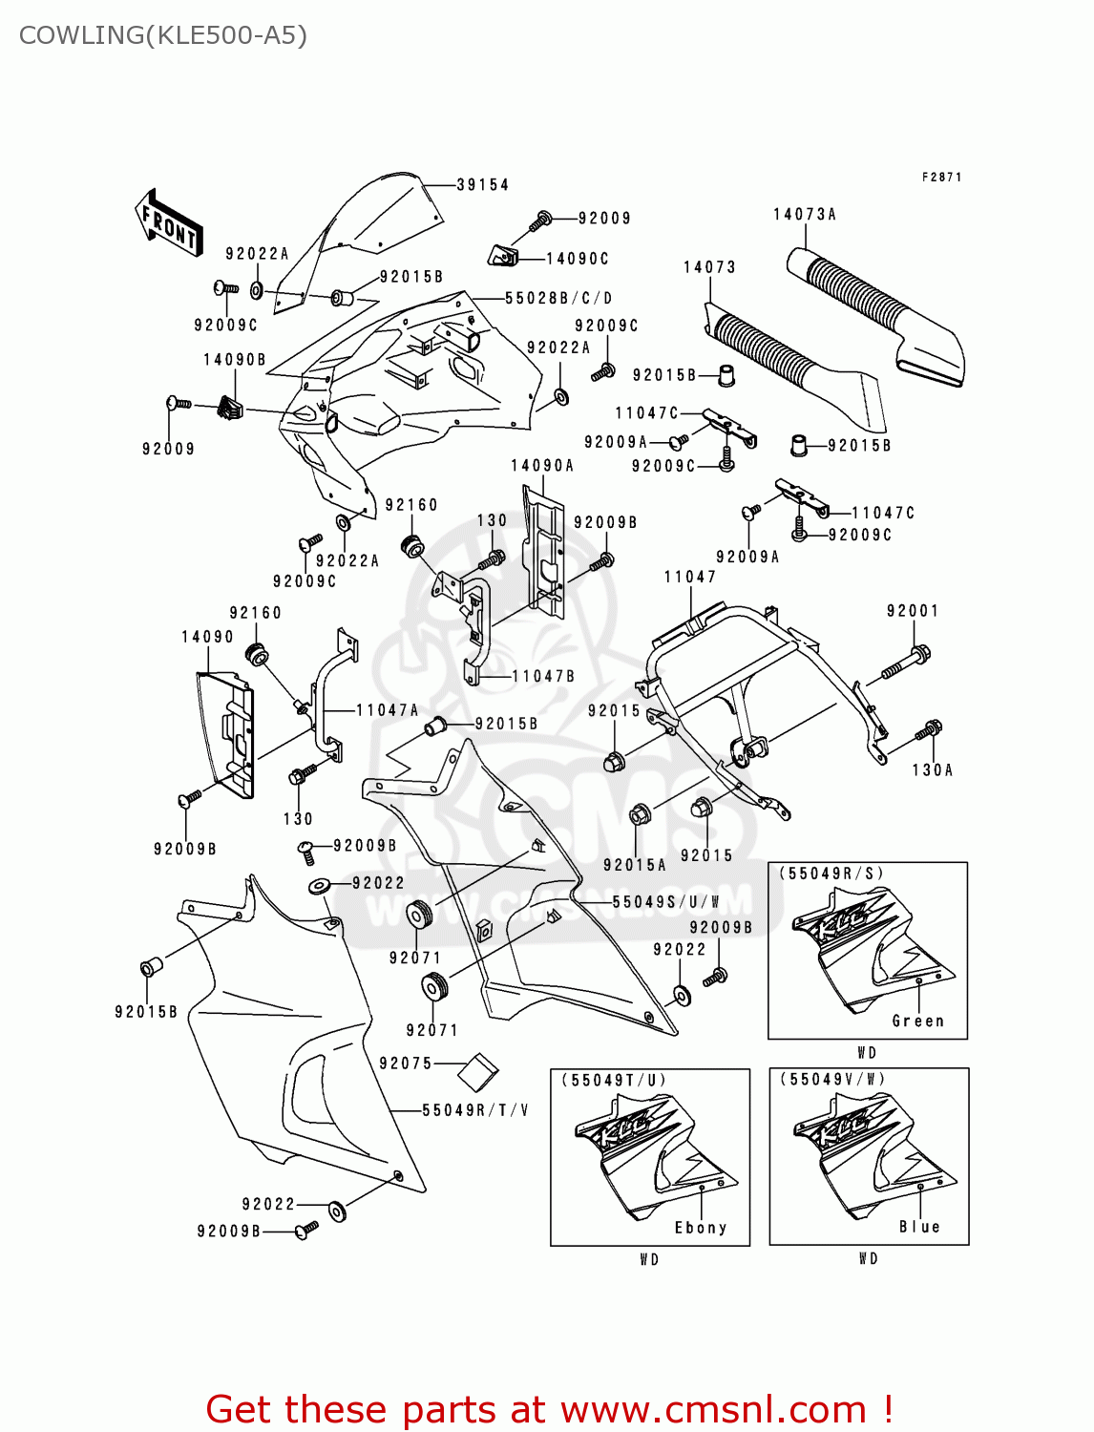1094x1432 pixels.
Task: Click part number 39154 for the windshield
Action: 482,185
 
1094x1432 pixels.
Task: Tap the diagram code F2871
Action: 941,178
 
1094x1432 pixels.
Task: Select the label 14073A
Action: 804,215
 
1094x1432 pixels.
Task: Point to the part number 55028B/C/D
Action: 558,299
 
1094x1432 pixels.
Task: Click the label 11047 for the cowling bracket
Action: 689,577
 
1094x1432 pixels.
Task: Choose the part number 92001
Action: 912,611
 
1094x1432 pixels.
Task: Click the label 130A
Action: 932,769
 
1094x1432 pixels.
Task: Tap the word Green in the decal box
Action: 917,1021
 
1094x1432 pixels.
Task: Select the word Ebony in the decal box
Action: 701,1228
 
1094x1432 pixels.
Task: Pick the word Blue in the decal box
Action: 919,1227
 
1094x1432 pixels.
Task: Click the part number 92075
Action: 406,1063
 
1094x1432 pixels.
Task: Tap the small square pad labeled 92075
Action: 478,1072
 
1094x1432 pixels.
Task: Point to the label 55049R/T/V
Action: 475,1110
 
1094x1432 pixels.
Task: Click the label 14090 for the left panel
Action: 207,637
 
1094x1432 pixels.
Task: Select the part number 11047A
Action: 387,710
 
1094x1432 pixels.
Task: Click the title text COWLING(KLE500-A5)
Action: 163,35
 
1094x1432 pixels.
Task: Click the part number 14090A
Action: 542,466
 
